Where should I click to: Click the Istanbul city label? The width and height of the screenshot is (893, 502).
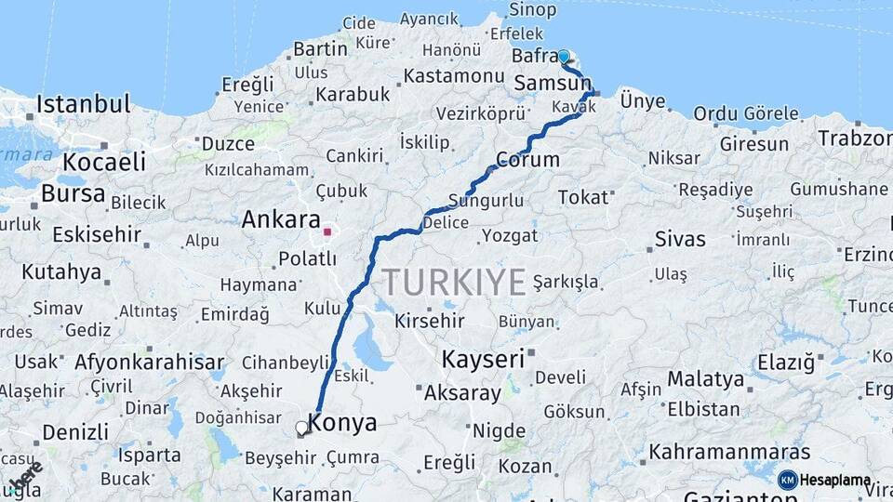84,103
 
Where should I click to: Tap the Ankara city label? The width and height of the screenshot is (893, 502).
281,220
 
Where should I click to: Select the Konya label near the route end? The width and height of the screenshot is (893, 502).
342,423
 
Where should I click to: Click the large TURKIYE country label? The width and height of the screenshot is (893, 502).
454,282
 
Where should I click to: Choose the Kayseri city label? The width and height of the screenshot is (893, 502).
482,358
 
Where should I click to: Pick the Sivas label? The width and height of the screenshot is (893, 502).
680,239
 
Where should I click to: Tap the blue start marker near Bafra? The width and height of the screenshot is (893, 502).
564,57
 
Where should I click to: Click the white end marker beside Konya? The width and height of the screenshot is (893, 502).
301,429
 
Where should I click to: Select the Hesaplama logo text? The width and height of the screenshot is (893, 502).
836,481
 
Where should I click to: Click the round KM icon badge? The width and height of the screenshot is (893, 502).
788,481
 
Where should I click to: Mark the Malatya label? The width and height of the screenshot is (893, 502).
706,379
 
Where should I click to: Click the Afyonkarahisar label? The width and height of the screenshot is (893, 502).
149,363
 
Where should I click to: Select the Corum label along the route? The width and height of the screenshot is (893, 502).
527,160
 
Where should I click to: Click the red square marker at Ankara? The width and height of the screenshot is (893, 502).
327,231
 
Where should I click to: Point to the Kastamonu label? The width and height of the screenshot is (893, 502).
454,76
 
